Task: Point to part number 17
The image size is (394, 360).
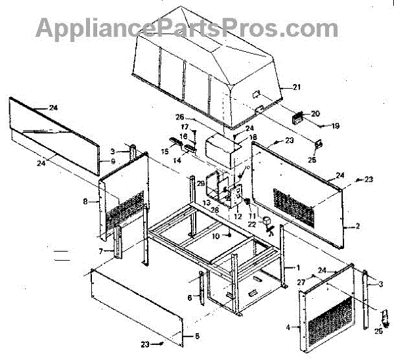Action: click(185, 127)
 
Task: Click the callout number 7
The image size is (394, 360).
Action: click(100, 252)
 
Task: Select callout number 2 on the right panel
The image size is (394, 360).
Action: click(357, 227)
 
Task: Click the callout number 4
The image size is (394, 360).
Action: click(288, 326)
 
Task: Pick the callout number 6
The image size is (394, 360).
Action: click(190, 298)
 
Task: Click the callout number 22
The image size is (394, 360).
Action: click(252, 224)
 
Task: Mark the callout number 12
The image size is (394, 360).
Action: click(238, 215)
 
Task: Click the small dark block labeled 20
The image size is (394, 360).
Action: click(297, 117)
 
